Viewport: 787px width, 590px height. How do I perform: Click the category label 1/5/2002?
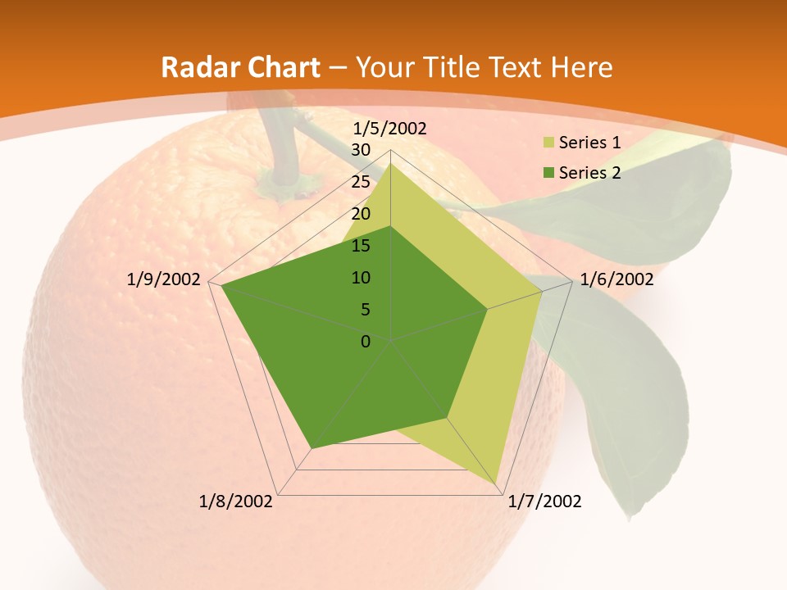click(x=389, y=129)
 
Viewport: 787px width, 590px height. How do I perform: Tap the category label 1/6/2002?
click(x=616, y=279)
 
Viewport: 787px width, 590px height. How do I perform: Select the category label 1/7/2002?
click(x=544, y=501)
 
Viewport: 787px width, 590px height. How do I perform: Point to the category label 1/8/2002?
click(x=236, y=501)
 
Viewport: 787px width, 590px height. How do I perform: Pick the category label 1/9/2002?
click(x=164, y=279)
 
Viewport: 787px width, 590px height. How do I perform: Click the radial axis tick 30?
click(x=361, y=150)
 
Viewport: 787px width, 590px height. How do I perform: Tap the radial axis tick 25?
click(x=361, y=182)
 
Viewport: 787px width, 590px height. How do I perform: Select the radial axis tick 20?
click(x=361, y=214)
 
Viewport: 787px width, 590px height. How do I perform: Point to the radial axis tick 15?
click(x=361, y=246)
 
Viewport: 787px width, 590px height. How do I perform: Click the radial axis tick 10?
click(x=361, y=278)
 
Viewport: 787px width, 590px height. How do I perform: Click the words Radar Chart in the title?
click(x=240, y=67)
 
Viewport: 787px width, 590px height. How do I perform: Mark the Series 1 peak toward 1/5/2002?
click(x=391, y=163)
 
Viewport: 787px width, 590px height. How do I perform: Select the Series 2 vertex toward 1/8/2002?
click(x=312, y=448)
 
